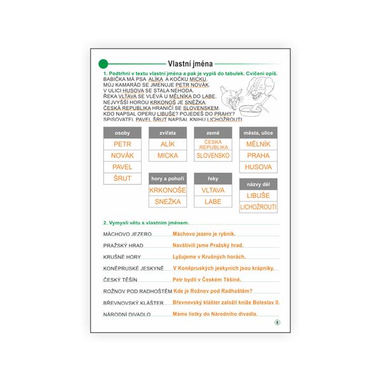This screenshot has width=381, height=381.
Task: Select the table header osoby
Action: click(122, 133)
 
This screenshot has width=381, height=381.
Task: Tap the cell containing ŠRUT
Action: click(122, 178)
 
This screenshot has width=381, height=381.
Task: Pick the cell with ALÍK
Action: click(168, 144)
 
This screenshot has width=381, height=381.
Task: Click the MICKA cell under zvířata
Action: click(168, 156)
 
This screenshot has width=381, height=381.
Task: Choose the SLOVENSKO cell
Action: click(213, 156)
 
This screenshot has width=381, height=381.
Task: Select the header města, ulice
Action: click(258, 133)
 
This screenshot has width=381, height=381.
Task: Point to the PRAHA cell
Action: click(258, 156)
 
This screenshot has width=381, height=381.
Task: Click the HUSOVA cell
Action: click(258, 167)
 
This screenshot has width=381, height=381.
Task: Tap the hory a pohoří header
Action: click(168, 178)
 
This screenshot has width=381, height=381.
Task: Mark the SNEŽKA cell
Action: click(168, 201)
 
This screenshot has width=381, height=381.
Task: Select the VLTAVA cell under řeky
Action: click(213, 190)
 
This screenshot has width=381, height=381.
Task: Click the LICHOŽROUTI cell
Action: click(258, 207)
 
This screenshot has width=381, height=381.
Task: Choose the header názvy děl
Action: click(258, 184)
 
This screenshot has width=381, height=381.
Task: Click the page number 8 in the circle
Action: click(277, 323)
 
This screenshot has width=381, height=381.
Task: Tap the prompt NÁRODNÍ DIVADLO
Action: click(126, 314)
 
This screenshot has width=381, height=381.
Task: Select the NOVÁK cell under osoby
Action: click(122, 156)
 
